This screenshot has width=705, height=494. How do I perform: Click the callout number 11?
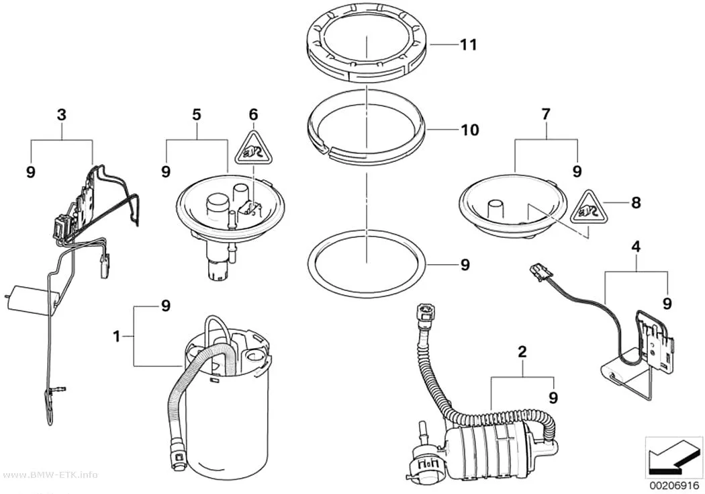[468, 45]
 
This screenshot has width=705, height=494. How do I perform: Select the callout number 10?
[470, 130]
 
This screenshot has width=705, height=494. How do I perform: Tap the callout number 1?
[116, 336]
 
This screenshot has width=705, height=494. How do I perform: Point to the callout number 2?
[522, 352]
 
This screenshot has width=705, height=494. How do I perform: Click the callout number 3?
[61, 115]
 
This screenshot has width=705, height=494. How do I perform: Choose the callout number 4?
[636, 247]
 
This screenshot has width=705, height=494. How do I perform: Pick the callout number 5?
[197, 115]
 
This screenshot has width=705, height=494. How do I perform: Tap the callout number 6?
[254, 115]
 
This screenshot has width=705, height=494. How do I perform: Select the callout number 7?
[545, 114]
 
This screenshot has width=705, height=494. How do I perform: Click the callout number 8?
[636, 202]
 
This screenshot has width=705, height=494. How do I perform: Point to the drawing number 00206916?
[673, 487]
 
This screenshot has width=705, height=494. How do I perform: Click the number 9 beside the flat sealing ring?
[465, 265]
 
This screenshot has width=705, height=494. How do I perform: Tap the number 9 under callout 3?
[31, 172]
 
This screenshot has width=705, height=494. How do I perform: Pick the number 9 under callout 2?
[553, 398]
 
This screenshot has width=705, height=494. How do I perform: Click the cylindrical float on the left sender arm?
[32, 297]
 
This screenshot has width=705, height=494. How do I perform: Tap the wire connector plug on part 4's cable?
[540, 272]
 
